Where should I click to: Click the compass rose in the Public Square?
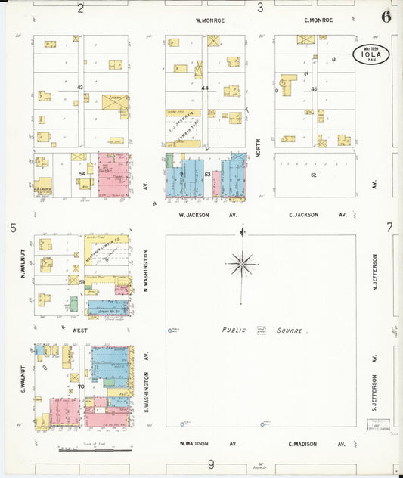(x=242, y=264)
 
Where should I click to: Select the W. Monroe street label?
(x=209, y=20)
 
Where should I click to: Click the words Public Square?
(x=265, y=331)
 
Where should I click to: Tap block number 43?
(x=79, y=88)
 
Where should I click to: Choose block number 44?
(x=204, y=88)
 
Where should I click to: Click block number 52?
(x=313, y=175)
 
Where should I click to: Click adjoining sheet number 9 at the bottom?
(x=211, y=464)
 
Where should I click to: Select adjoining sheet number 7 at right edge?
(x=389, y=227)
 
